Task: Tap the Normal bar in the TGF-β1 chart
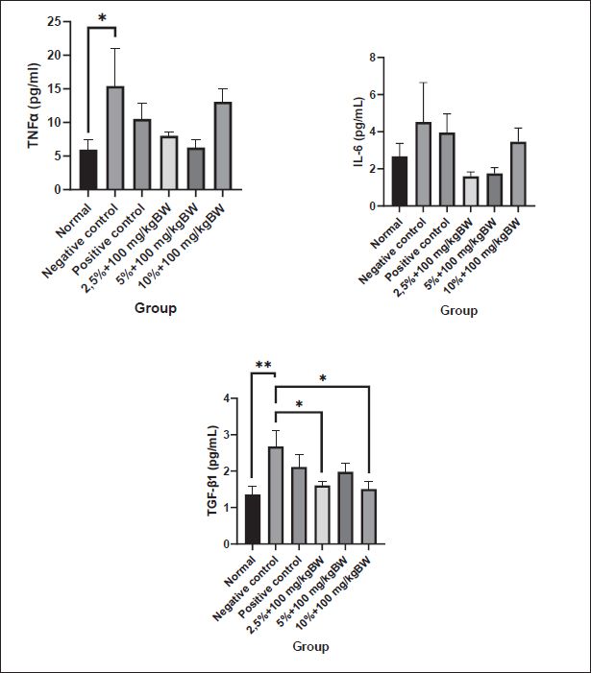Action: click(x=252, y=519)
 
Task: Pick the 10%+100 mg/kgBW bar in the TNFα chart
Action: click(x=222, y=146)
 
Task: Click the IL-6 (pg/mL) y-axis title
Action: click(x=358, y=132)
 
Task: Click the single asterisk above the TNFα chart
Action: click(x=101, y=19)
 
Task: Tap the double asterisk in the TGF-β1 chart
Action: click(x=262, y=366)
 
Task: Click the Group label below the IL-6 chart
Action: click(x=458, y=311)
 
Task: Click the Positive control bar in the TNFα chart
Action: click(x=142, y=155)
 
